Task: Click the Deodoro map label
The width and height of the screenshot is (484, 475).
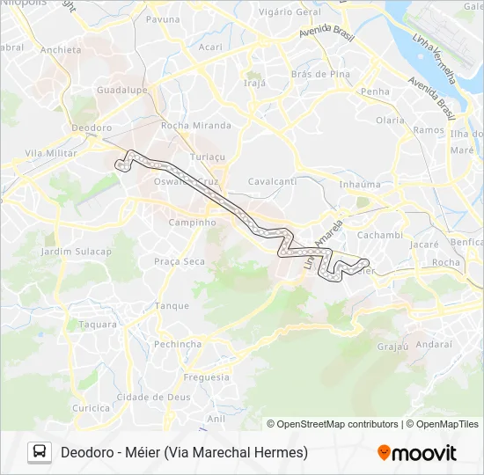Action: tap(92, 128)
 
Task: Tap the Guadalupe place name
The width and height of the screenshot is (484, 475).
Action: tap(121, 91)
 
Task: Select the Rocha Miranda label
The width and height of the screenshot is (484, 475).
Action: tap(196, 125)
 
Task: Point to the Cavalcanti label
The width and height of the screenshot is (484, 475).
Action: tap(272, 180)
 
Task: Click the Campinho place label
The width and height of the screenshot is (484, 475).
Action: tap(192, 223)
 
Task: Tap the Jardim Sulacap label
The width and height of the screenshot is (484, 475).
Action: tap(77, 252)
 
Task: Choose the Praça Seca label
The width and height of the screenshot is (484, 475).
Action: tap(180, 261)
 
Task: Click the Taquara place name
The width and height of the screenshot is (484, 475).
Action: tap(98, 324)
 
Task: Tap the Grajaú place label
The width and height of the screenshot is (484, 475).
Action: tap(392, 346)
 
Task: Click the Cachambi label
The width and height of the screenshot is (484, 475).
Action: tap(380, 235)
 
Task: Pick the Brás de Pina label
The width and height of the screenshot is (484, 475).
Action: tap(320, 74)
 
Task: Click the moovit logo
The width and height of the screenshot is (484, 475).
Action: tap(417, 453)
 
